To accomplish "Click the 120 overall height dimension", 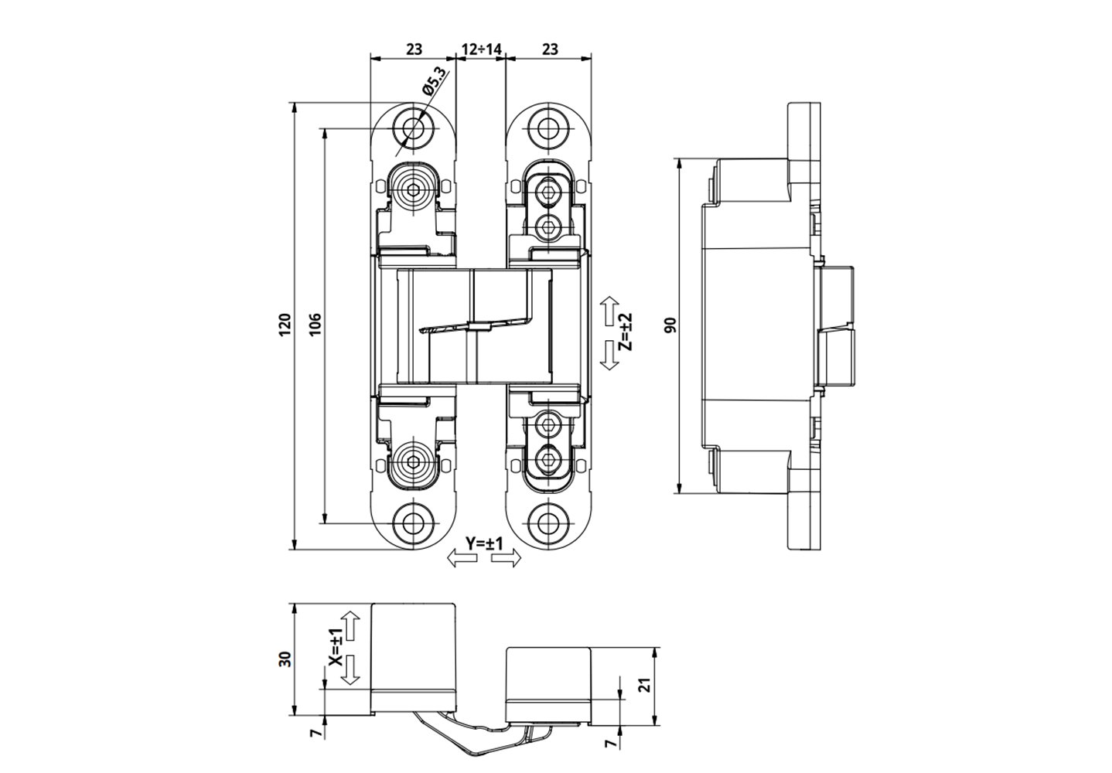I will point(285,323).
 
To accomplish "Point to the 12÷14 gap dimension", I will point(482,49).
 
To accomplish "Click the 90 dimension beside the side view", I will point(670,325).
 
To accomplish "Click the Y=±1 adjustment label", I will point(484,543).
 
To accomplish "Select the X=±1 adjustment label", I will point(335,648).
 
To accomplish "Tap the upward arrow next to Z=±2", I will point(609,310).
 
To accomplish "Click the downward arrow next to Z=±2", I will point(609,355).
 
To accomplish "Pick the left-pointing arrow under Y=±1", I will point(463,559).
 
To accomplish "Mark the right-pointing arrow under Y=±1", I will point(507,559).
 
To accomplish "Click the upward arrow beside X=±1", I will point(351,625).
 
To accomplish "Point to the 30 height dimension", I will point(285,659).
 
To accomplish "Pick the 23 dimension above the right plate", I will point(549,49).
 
